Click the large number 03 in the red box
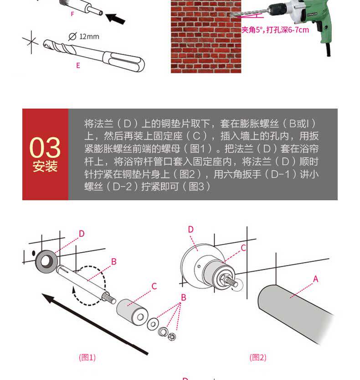(x=45, y=147)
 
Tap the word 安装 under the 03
(x=45, y=166)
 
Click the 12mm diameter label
(x=84, y=36)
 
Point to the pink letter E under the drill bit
(x=78, y=65)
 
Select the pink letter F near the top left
(x=72, y=14)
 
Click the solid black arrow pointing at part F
(x=115, y=19)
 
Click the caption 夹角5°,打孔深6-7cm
(x=275, y=30)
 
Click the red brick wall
(x=206, y=36)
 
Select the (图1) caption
(x=87, y=358)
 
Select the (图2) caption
(x=258, y=358)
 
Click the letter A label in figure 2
(x=315, y=279)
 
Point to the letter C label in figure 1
(x=154, y=286)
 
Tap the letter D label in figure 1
(x=82, y=234)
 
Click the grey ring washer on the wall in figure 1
(x=46, y=261)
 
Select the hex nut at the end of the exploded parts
(x=172, y=336)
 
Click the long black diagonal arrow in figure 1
(x=95, y=324)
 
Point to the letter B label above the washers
(x=184, y=297)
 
